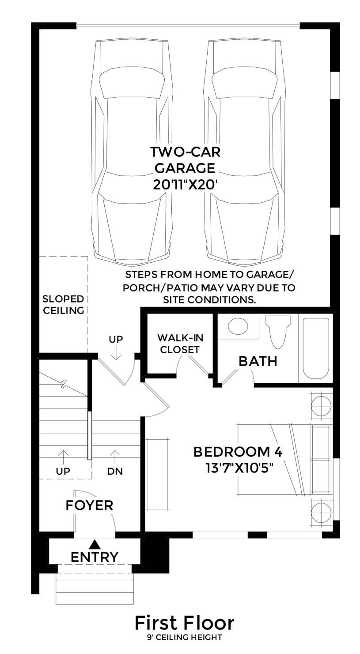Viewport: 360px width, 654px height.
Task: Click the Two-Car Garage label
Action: (185, 160)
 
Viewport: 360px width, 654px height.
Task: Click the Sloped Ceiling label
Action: (63, 305)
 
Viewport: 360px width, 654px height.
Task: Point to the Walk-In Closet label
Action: (180, 344)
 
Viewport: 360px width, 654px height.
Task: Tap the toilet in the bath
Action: (278, 331)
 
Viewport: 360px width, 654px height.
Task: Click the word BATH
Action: (258, 361)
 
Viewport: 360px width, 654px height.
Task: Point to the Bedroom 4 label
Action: (238, 452)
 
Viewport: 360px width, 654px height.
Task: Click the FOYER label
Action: (89, 505)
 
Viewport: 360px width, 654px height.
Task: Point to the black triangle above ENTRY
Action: (94, 544)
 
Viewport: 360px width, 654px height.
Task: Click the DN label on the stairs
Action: (115, 471)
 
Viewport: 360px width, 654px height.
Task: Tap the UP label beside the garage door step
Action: (116, 339)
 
